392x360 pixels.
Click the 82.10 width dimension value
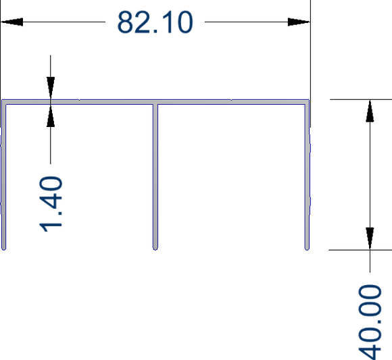pyautogui.click(x=155, y=22)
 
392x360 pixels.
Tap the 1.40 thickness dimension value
pyautogui.click(x=51, y=204)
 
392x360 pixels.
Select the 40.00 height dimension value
pyautogui.click(x=370, y=322)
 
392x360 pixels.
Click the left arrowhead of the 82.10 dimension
pyautogui.click(x=11, y=22)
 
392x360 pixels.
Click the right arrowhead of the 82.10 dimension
pyautogui.click(x=299, y=22)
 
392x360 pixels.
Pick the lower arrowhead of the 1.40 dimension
pyautogui.click(x=51, y=115)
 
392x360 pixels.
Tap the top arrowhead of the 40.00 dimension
pyautogui.click(x=370, y=111)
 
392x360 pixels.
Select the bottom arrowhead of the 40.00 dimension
pyautogui.click(x=370, y=238)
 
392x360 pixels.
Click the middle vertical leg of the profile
pyautogui.click(x=155, y=177)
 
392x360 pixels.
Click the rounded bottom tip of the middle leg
pyautogui.click(x=155, y=249)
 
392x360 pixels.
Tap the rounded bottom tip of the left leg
pyautogui.click(x=3, y=249)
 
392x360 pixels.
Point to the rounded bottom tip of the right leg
pyautogui.click(x=308, y=249)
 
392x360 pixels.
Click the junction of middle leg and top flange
pyautogui.click(x=155, y=102)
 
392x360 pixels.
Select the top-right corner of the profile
pyautogui.click(x=310, y=100)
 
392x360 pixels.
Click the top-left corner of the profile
pyautogui.click(x=2, y=100)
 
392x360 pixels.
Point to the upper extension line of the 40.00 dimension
pyautogui.click(x=361, y=99)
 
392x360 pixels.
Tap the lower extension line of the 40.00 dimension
pyautogui.click(x=360, y=250)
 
